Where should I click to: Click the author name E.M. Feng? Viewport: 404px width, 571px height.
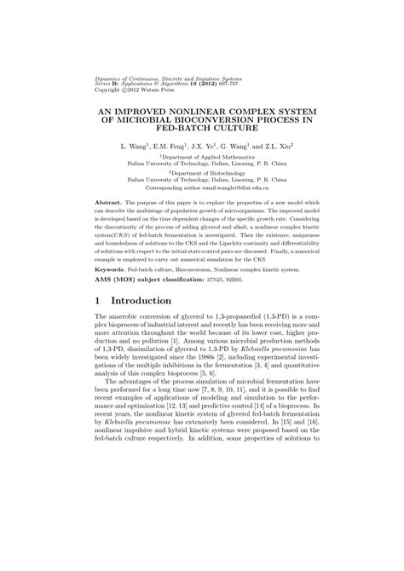174,147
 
